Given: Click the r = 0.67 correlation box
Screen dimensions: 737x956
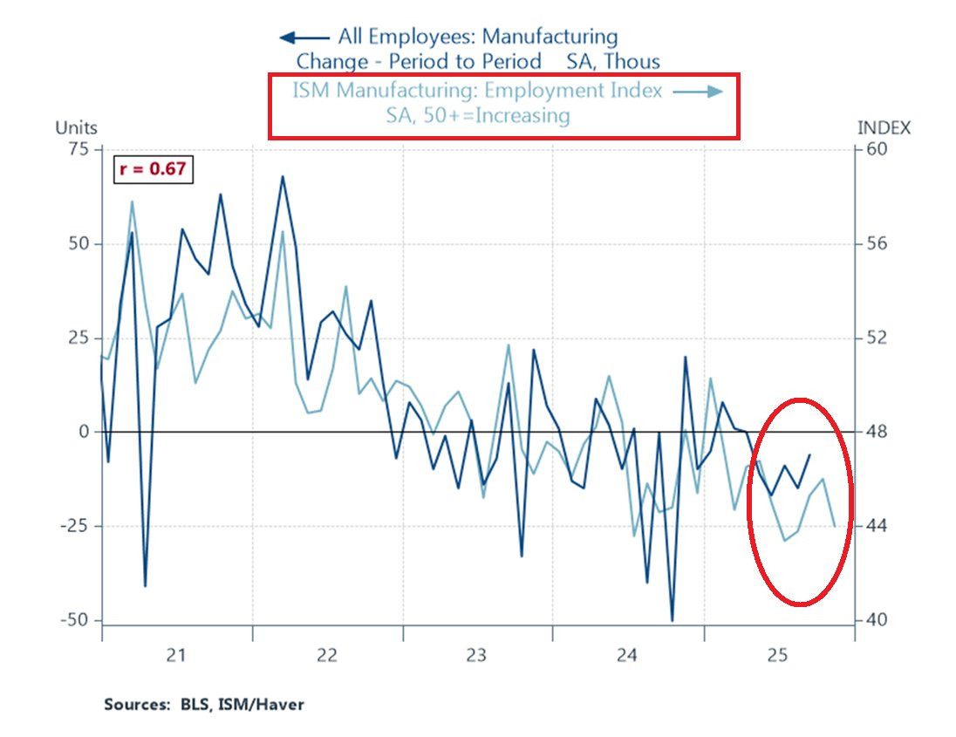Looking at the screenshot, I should pos(153,169).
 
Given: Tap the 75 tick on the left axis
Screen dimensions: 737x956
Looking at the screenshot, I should pos(78,149).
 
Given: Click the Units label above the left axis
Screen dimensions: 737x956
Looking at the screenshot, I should pos(77,128).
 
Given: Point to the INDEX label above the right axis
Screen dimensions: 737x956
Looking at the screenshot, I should pos(884,128).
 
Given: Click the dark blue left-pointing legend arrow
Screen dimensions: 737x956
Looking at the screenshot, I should pos(304,38).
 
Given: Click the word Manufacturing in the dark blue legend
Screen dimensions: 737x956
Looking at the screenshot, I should pos(550,38).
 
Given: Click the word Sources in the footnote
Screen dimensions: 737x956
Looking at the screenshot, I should pos(133,704).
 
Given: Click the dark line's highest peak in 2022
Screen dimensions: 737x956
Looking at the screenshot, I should pos(283,176).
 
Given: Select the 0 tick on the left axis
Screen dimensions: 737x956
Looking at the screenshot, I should pos(85,432).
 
